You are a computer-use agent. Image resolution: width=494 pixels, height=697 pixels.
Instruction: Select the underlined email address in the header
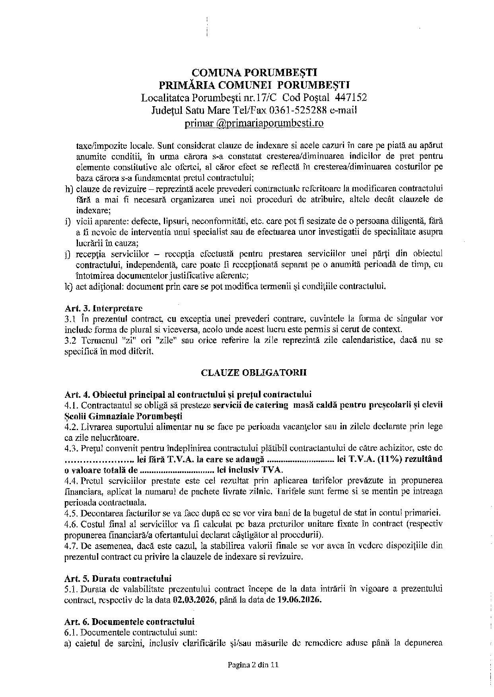tap(254, 123)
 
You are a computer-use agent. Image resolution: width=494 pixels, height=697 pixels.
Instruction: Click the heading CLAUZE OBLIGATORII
tap(254, 373)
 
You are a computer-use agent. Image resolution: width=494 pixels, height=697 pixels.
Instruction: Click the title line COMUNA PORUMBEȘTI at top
tap(254, 72)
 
